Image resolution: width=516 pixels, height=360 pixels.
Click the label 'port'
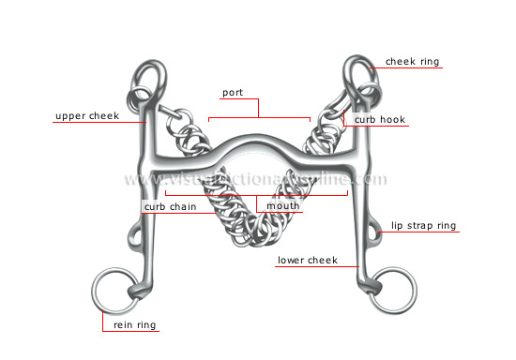coord(232,94)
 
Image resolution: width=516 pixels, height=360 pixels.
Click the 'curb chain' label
coord(169,206)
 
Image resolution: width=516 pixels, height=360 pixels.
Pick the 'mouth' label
coord(282,205)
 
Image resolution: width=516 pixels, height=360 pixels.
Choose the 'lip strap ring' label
coord(425,225)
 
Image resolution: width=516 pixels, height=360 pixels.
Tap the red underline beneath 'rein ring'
coord(130,334)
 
